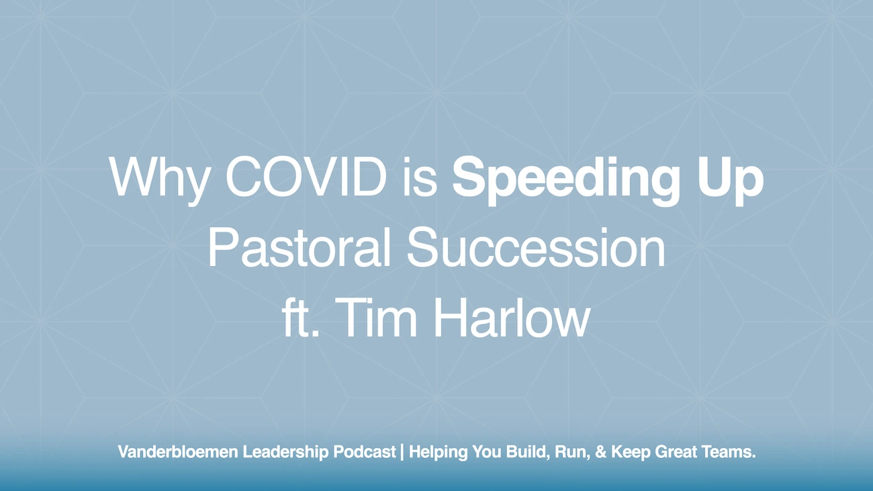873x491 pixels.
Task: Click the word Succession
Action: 536,249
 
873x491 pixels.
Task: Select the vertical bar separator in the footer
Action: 402,453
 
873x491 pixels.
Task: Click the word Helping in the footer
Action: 436,453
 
